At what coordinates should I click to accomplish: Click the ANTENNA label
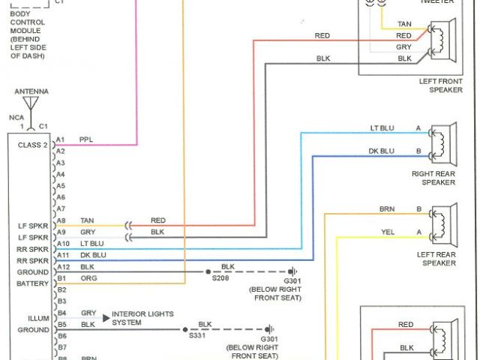(x=31, y=91)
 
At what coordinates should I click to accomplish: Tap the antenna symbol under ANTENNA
(x=31, y=104)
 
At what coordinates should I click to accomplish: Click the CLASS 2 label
(x=32, y=145)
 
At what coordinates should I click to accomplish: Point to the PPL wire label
(x=85, y=139)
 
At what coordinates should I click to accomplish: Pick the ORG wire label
(x=88, y=278)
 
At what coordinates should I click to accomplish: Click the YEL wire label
(x=387, y=232)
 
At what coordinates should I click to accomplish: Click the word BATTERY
(x=32, y=283)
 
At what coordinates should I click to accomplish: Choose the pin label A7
(x=61, y=208)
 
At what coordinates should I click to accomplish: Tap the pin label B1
(x=61, y=278)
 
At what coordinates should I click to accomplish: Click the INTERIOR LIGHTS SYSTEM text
(x=142, y=318)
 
